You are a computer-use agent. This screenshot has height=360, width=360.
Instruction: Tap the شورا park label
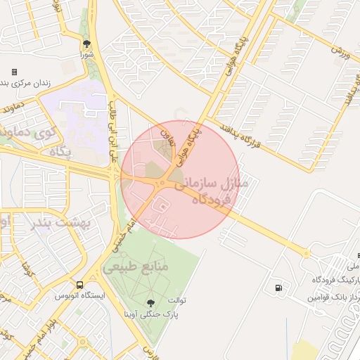pyautogui.click(x=86, y=54)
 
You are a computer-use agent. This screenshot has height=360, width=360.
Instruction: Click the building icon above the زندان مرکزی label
pyautogui.click(x=14, y=72)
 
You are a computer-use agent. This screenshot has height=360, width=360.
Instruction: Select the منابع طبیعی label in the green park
pyautogui.click(x=136, y=268)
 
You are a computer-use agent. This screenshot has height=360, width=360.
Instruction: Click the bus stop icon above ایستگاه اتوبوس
pyautogui.click(x=79, y=285)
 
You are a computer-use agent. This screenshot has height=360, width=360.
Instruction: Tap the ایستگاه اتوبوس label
pyautogui.click(x=79, y=296)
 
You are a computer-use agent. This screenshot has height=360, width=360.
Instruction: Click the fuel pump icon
pyautogui.click(x=280, y=287)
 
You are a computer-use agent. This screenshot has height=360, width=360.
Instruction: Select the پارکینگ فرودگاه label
pyautogui.click(x=333, y=280)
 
